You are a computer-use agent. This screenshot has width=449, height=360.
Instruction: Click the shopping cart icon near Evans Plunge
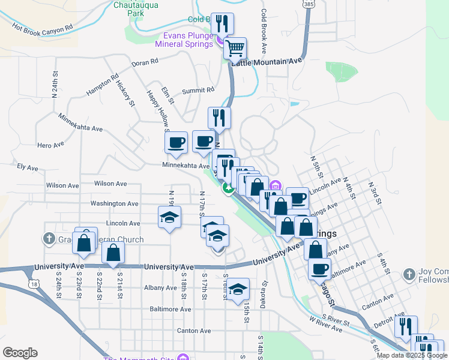[x=235, y=47]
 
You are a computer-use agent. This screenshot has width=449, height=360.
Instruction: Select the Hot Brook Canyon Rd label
[x=42, y=28]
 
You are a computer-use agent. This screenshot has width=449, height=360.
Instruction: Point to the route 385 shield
[x=308, y=4]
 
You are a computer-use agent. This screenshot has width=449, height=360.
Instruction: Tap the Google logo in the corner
[x=20, y=353]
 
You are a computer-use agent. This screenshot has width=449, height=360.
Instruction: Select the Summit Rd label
[x=197, y=90]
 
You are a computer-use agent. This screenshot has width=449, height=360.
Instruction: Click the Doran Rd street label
[x=145, y=61]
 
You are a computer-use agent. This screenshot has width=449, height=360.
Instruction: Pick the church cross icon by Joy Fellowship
[x=409, y=274]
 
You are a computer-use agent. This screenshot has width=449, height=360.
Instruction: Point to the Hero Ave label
[x=50, y=145]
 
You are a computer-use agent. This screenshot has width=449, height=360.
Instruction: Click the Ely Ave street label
[x=28, y=167]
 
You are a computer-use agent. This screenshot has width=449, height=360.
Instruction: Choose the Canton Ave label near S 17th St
[x=194, y=331]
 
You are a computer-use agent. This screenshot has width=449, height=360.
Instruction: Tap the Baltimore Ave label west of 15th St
[x=170, y=310]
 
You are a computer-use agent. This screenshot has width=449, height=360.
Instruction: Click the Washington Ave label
[x=114, y=203]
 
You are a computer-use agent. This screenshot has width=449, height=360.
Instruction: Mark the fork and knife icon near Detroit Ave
[x=406, y=327]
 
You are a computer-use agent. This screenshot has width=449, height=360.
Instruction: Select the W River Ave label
[x=327, y=325]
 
